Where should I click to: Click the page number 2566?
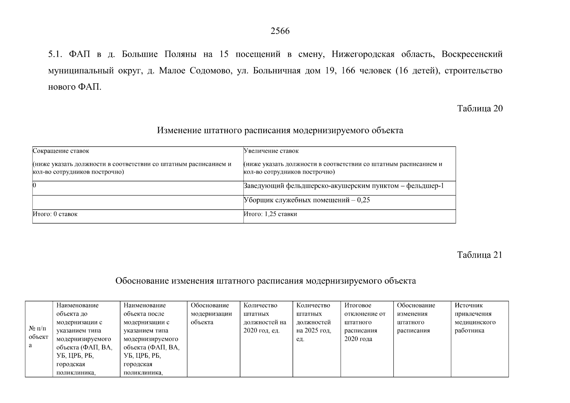280,31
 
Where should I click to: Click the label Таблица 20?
480,108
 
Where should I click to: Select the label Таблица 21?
480,255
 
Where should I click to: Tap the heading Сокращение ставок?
61,151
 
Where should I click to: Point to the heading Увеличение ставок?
271,151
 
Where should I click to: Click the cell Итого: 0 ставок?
55,214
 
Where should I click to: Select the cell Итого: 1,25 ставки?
270,214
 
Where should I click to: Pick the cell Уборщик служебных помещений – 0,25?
307,200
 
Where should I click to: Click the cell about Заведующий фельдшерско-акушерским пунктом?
344,186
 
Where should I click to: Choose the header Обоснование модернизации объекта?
211,314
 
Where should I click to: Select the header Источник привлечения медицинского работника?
475,318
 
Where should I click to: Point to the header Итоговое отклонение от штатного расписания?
365,322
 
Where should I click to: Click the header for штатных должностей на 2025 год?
314,322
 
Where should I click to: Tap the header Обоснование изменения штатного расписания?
416,318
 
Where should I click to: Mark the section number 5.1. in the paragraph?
55,54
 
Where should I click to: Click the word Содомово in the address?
210,71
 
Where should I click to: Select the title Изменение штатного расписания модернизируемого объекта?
280,130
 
